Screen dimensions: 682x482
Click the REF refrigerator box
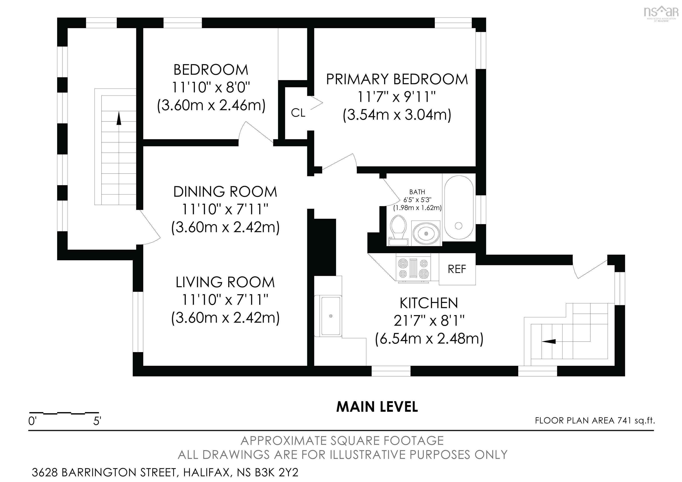(457, 269)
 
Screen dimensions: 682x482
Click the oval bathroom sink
(426, 233)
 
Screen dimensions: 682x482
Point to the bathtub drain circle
(458, 226)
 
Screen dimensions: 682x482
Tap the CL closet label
(298, 113)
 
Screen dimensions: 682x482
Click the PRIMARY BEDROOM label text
(397, 79)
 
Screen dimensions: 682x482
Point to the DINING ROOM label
(225, 192)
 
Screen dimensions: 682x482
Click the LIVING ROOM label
(225, 282)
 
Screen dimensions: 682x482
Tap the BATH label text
(417, 192)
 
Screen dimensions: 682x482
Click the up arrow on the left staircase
(119, 118)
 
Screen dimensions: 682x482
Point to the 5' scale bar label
(97, 421)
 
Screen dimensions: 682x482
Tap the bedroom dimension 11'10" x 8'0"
(211, 88)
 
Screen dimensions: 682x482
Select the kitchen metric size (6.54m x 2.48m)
(429, 339)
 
